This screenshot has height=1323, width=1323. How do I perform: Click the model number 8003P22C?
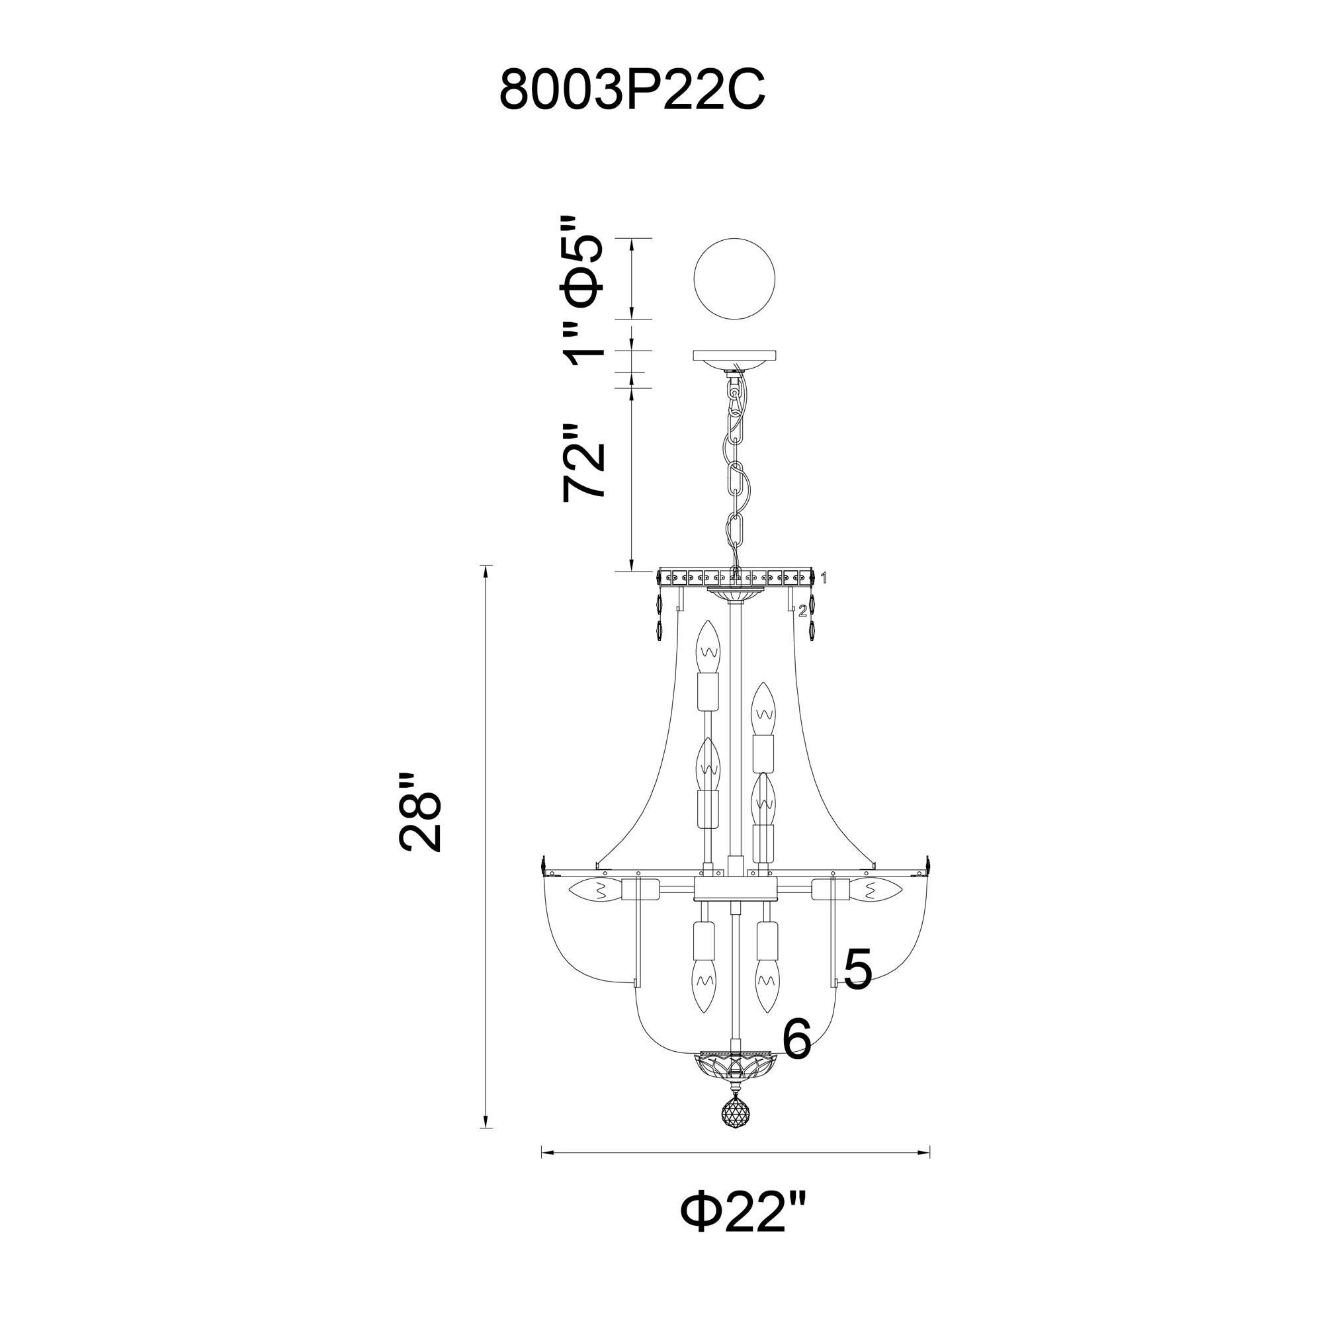click(631, 90)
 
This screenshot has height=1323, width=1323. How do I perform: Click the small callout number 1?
click(824, 579)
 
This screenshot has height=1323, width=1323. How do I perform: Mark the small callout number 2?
click(802, 611)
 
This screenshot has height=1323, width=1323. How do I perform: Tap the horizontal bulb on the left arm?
click(595, 891)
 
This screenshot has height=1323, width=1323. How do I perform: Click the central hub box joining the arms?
click(735, 891)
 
